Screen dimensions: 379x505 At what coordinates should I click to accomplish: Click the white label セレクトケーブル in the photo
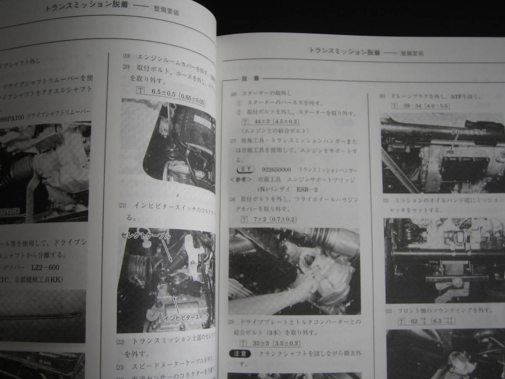click(146, 236)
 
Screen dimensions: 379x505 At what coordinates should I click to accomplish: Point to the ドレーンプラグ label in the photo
click(468, 132)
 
